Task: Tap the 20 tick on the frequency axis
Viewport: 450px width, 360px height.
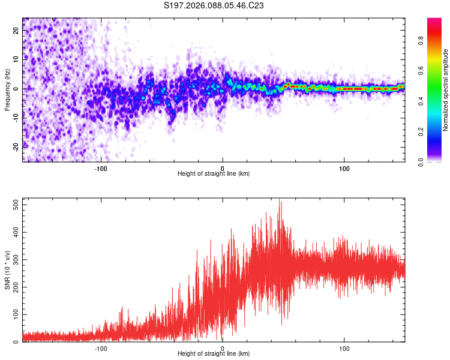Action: pos(16,31)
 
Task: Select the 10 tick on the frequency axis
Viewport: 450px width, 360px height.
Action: pos(16,60)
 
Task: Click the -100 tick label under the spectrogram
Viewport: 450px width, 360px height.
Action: pos(101,169)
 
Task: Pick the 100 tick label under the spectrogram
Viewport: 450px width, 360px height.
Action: pos(344,169)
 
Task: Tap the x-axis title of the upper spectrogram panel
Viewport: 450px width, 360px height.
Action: pos(214,174)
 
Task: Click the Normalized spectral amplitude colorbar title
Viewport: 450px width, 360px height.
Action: pos(446,90)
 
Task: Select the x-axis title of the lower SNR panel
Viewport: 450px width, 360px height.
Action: pos(214,353)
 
